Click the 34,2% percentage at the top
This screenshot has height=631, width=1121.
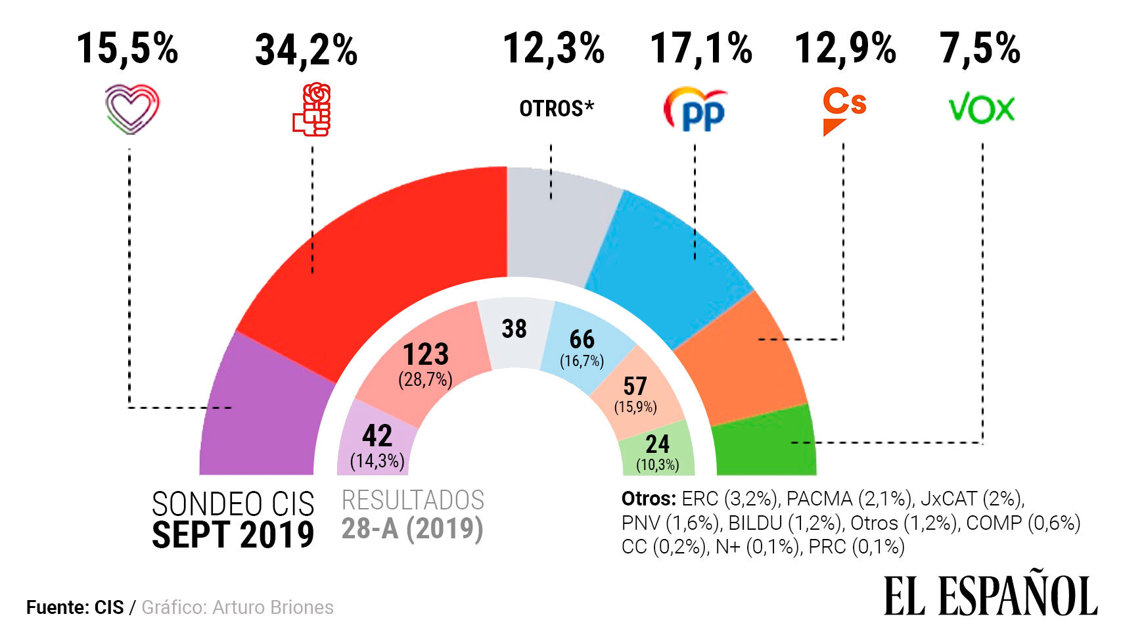pos(306,50)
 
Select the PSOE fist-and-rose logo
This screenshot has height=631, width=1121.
pos(312,109)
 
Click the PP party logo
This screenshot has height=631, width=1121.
pos(695,109)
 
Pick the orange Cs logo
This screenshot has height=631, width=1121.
pos(844,110)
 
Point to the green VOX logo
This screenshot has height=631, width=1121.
pos(982,109)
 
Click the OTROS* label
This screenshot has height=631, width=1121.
pos(556,108)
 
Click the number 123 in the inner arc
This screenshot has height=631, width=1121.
pos(426,354)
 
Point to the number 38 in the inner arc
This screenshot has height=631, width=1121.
pos(514,329)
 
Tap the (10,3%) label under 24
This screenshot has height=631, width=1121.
pos(657,465)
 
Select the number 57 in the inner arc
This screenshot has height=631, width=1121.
pos(635,386)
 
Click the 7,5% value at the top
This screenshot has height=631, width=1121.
pos(980,49)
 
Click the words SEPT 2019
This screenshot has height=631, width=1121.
pos(233,535)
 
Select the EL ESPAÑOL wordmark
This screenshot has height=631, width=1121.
pos(990,596)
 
